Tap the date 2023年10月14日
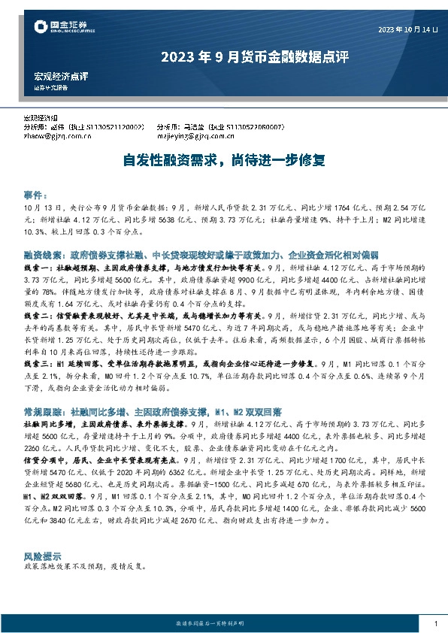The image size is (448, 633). [407, 30]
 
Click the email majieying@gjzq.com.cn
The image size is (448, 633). [190, 137]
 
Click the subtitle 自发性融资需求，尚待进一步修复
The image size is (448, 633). [223, 159]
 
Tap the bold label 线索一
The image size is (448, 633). [37, 267]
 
